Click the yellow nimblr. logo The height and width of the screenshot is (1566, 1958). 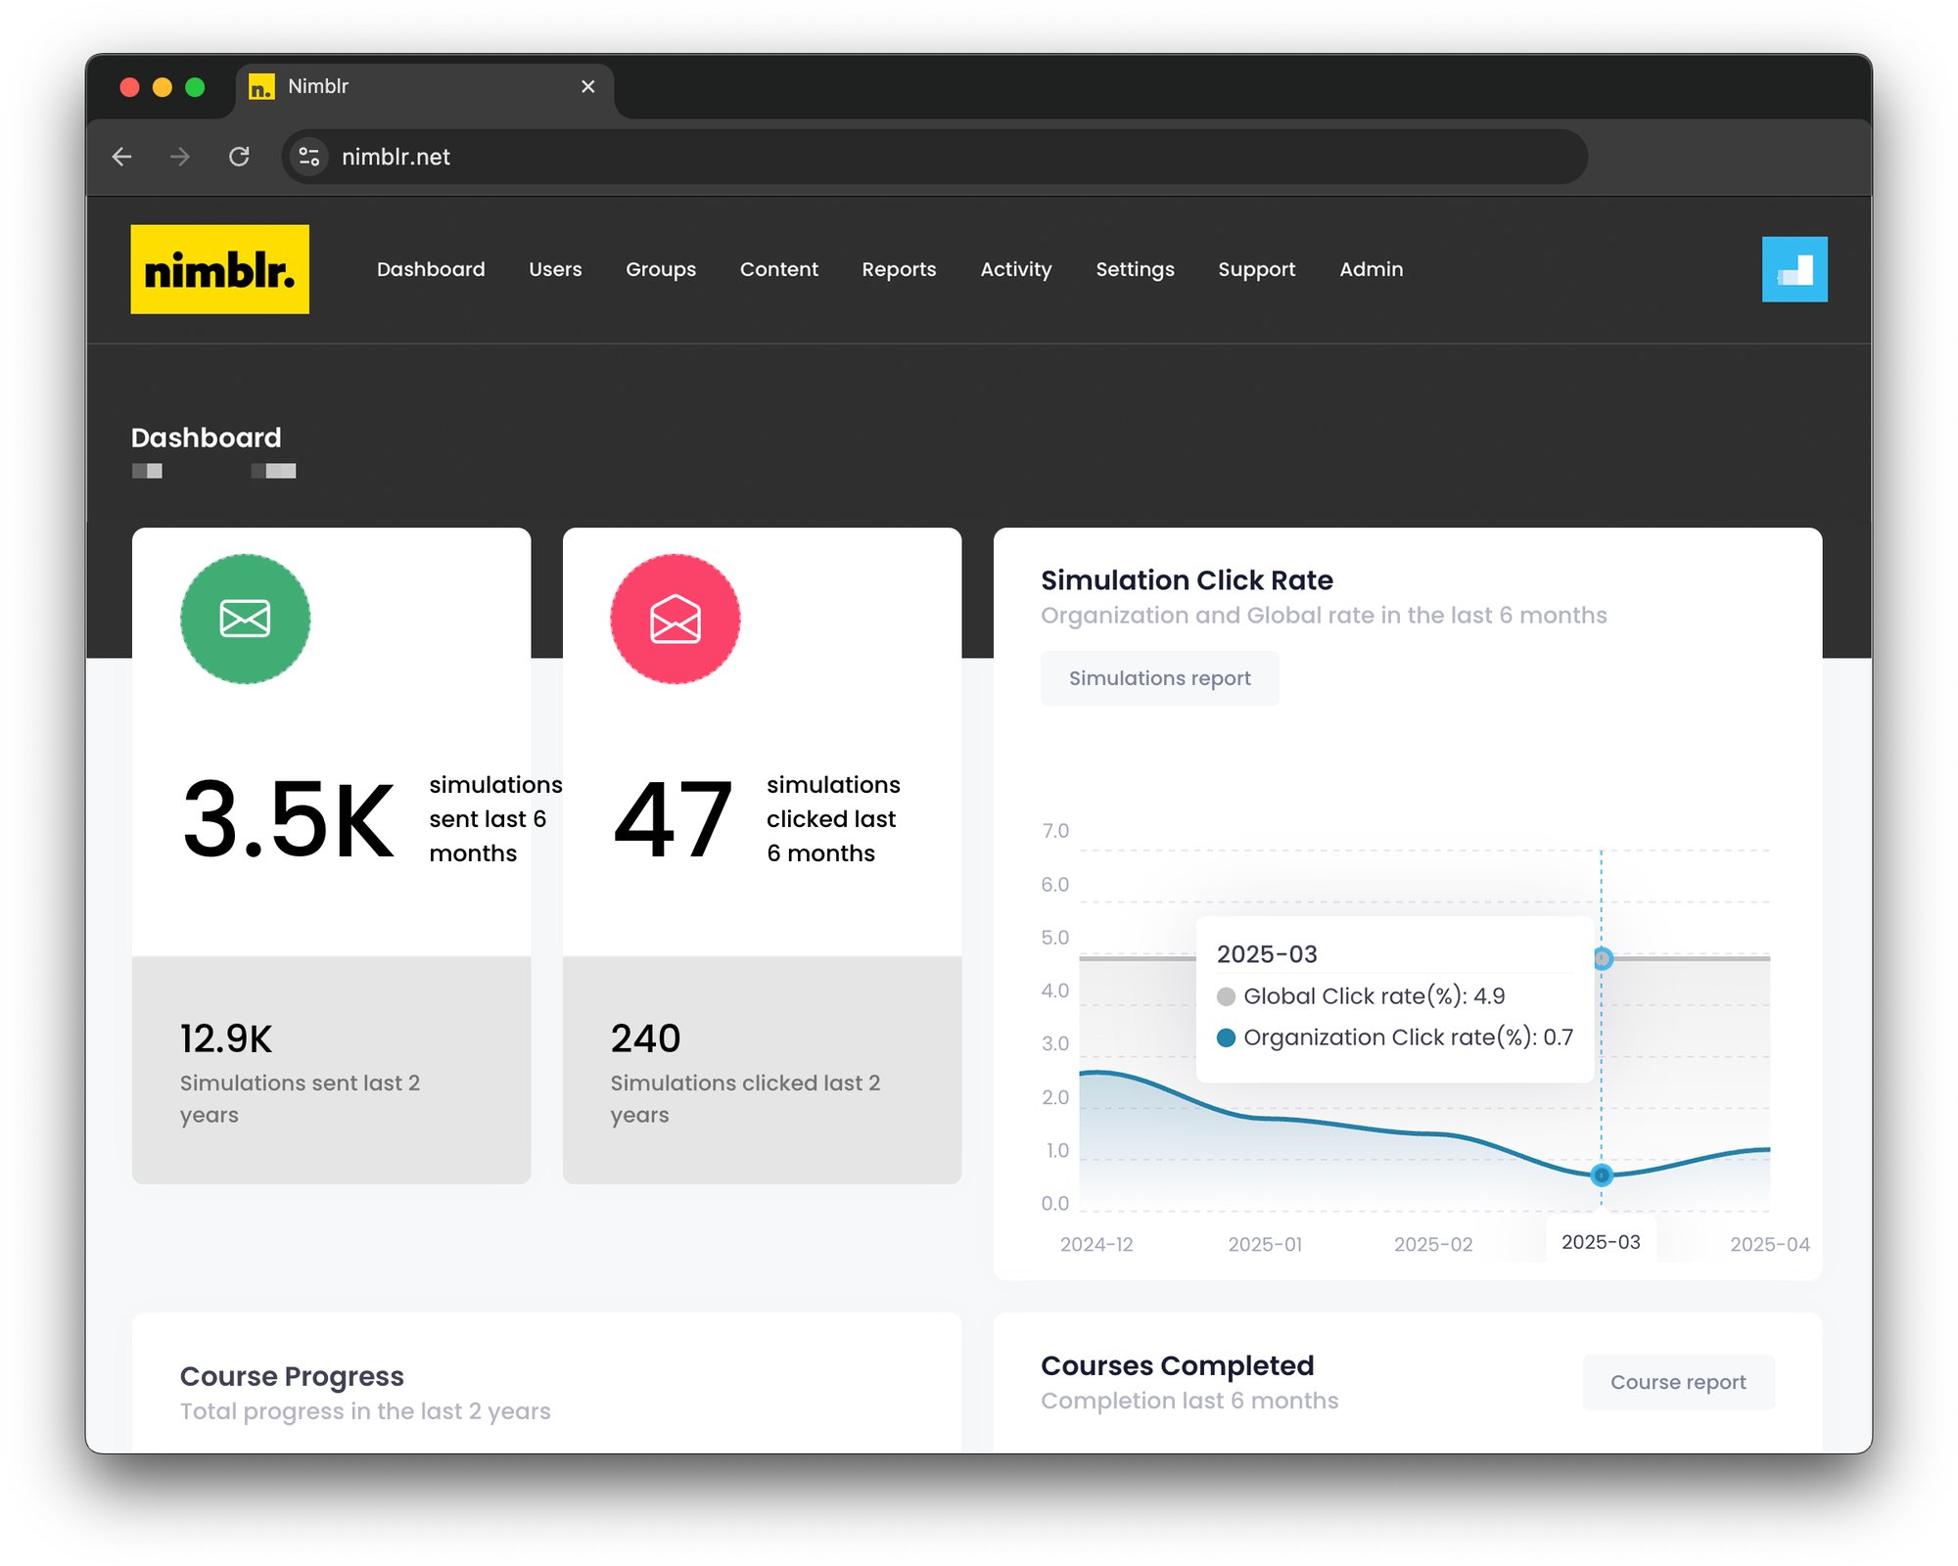point(219,269)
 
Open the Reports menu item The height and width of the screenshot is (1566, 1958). point(898,269)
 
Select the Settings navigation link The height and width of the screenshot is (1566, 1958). point(1134,269)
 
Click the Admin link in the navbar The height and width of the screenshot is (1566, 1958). point(1370,269)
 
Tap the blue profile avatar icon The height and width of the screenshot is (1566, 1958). point(1794,269)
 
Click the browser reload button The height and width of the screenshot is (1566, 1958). point(239,157)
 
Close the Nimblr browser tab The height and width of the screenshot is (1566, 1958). point(587,87)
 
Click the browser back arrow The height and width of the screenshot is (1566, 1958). point(122,157)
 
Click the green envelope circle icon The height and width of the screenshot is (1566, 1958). point(245,619)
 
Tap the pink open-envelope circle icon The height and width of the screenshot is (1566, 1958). point(675,619)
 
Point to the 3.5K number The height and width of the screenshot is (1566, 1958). point(288,819)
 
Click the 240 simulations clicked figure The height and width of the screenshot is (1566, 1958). point(645,1038)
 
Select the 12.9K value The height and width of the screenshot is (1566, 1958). point(226,1038)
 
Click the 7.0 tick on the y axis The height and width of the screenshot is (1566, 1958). point(1054,831)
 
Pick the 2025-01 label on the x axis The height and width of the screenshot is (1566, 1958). point(1264,1244)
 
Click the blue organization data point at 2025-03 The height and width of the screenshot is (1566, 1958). point(1601,1174)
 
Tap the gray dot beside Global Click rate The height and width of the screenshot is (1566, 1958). point(1225,996)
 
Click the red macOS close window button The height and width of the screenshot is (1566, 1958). point(129,87)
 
